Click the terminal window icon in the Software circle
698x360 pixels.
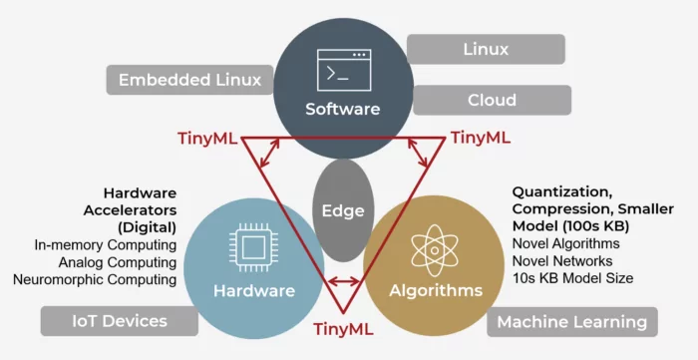[343, 68]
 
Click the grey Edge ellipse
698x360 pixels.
[344, 210]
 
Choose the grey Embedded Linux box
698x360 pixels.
[190, 80]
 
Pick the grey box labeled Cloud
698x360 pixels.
[492, 100]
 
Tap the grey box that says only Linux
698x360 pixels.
[487, 49]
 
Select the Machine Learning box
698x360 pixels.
[571, 321]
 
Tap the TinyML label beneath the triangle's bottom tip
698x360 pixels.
[343, 328]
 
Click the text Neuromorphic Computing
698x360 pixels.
[95, 279]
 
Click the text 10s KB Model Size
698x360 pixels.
[572, 278]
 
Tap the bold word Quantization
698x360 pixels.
[558, 189]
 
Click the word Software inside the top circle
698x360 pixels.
[343, 108]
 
